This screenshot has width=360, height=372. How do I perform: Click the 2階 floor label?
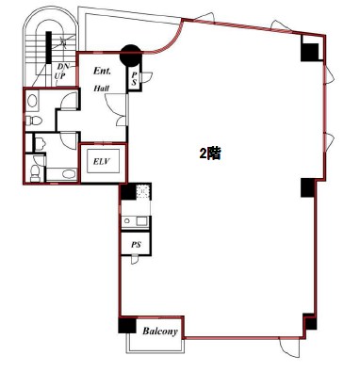210,154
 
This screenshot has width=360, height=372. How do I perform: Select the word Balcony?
160,332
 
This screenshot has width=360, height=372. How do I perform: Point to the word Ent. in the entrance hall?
102,71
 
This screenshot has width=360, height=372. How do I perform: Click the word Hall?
102,89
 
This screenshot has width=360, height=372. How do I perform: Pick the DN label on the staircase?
63,67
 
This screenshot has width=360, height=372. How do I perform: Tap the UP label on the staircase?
60,76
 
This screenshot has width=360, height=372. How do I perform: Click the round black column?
131,56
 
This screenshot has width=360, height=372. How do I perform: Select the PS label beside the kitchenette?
136,245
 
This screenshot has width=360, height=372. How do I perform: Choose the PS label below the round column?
134,78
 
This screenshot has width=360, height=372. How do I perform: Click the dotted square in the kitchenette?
143,191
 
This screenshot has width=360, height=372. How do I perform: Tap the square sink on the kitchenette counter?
141,221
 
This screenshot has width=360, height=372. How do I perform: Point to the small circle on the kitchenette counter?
127,221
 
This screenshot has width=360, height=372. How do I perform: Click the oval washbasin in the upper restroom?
32,101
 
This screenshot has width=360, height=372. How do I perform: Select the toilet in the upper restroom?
33,121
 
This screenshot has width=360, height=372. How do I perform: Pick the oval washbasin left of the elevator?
70,174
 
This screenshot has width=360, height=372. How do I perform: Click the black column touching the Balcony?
127,325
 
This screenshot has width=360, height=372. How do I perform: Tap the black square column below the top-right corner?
310,52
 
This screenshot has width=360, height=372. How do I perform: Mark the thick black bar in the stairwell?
48,47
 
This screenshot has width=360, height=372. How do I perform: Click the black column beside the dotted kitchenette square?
128,192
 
